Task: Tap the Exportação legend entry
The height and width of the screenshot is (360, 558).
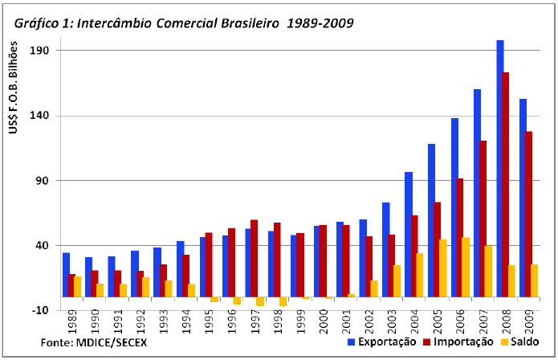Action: (x=381, y=342)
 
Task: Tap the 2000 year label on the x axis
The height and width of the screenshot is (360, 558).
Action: (x=323, y=325)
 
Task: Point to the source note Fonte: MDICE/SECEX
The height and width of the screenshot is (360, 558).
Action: (x=94, y=342)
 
